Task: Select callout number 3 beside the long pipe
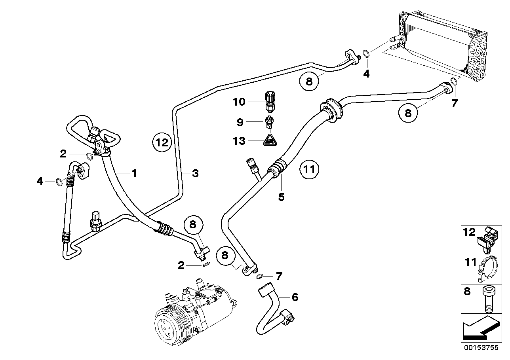click(x=195, y=173)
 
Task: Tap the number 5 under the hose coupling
click(x=281, y=197)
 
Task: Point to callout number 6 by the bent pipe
click(x=295, y=297)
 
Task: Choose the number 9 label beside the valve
click(x=240, y=122)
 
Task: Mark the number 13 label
click(x=239, y=141)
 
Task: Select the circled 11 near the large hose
click(x=309, y=170)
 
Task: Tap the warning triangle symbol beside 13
click(x=270, y=140)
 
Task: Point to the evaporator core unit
click(x=440, y=44)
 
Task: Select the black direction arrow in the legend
click(x=480, y=329)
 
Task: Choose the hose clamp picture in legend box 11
click(x=488, y=269)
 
